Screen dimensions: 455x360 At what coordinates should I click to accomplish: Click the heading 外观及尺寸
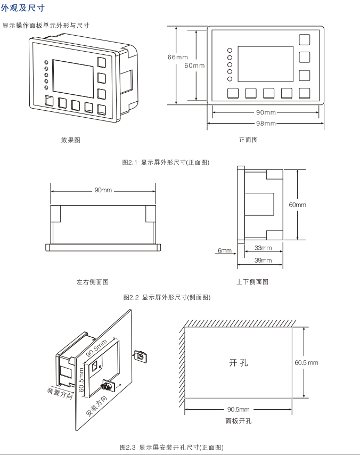coord(23,9)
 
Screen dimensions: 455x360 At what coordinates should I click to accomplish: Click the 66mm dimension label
coord(177,57)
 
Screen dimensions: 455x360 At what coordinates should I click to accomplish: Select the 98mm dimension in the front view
coord(266,124)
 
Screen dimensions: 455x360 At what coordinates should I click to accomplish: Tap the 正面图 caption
coord(248,140)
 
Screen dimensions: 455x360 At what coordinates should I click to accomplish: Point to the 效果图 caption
coord(71,140)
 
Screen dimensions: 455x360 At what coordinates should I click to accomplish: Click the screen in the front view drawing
coord(265,63)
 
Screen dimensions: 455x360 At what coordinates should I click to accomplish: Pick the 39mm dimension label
coord(263,261)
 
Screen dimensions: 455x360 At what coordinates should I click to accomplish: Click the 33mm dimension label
coord(263,248)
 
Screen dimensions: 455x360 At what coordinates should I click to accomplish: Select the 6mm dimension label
coord(224,250)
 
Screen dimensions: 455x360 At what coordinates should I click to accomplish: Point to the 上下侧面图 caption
coord(252,282)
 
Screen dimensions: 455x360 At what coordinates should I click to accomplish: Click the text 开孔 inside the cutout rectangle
coord(239,363)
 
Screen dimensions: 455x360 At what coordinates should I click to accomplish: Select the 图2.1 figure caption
coord(166,162)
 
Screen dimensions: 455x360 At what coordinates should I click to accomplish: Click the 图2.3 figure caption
coord(171,446)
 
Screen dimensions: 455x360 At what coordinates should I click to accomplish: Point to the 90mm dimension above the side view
coord(103,190)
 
